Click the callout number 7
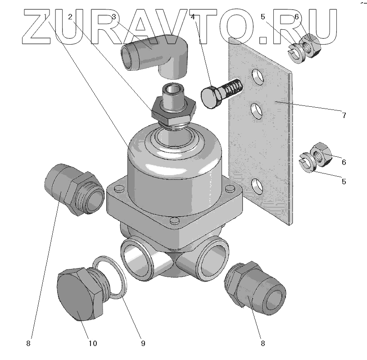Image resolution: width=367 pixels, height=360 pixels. [344, 115]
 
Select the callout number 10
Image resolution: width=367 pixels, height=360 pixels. [92, 344]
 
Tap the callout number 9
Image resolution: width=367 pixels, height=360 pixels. [143, 344]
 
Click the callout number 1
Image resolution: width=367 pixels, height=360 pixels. [46, 17]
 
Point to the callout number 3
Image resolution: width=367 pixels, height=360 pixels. [114, 17]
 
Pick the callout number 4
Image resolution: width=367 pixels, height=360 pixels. [192, 17]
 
